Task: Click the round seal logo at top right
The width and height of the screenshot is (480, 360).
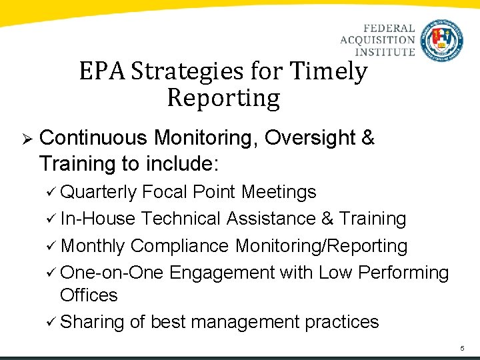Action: click(x=442, y=40)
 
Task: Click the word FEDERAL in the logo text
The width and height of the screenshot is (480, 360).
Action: click(x=389, y=29)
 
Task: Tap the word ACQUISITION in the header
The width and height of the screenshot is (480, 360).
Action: click(x=377, y=40)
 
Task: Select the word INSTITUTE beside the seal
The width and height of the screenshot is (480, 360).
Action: click(x=384, y=51)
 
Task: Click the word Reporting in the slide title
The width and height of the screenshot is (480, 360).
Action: click(x=223, y=98)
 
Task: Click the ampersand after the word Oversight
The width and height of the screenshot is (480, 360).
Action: click(x=367, y=138)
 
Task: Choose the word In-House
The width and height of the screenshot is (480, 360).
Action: click(x=98, y=219)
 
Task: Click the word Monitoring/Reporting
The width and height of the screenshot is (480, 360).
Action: click(x=321, y=246)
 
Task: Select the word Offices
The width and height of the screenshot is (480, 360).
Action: click(x=89, y=295)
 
